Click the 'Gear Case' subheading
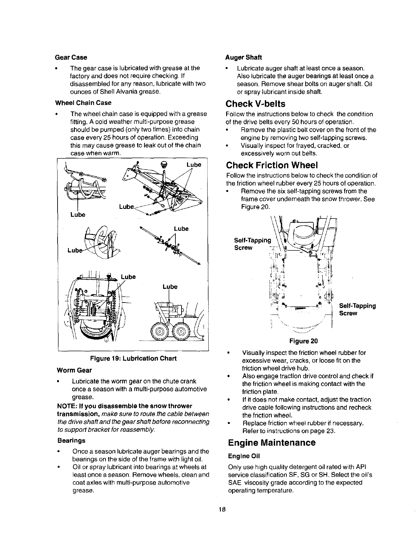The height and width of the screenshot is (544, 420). [x=71, y=57]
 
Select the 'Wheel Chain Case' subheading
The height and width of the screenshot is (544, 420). [x=83, y=103]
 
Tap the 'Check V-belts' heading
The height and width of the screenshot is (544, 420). [x=255, y=104]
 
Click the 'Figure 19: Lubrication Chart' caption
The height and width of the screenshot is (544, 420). [x=133, y=359]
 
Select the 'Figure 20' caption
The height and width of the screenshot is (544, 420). [x=304, y=341]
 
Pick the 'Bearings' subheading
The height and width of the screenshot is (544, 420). [x=71, y=440]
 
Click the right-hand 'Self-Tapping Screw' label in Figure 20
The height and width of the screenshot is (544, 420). [x=357, y=309]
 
